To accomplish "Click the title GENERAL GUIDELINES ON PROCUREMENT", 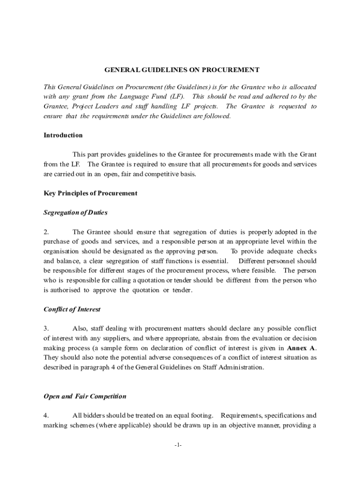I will (181, 70).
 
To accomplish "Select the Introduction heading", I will (63, 135).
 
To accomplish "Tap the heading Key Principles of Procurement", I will (90, 193).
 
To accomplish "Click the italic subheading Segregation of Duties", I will (75, 212).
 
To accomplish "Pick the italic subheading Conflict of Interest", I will (72, 309).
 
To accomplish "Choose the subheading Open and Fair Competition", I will (85, 396).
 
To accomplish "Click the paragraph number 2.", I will (46, 232).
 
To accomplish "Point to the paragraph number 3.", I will (46, 329).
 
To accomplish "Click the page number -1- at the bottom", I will (177, 445).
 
